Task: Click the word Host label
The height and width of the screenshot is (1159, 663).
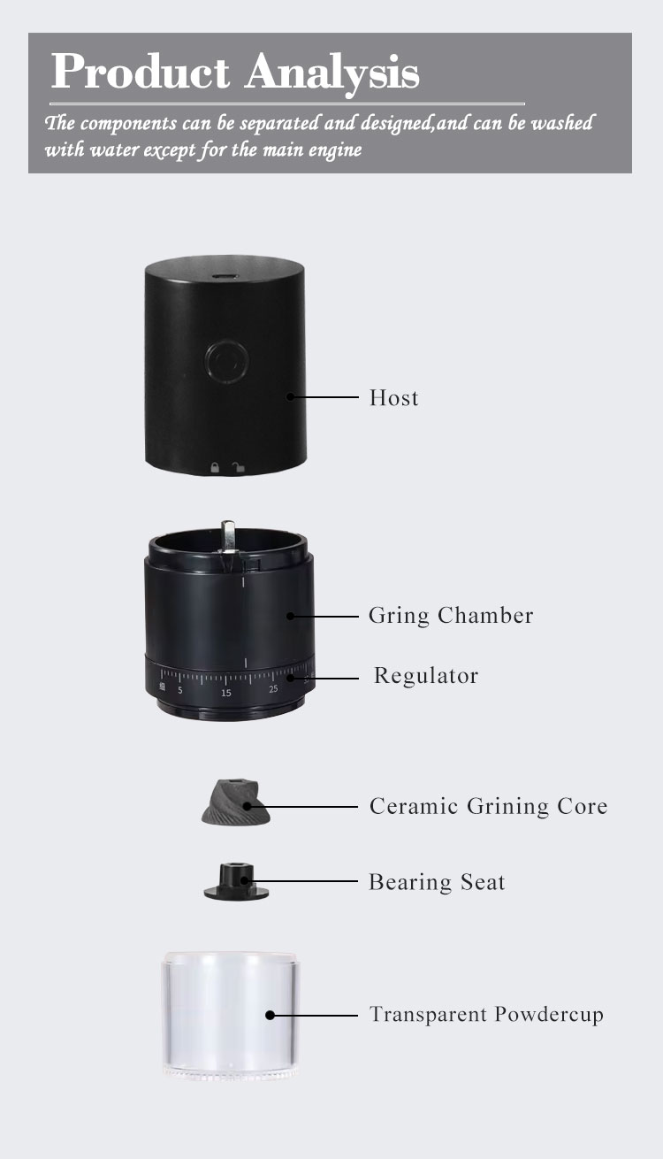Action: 393,398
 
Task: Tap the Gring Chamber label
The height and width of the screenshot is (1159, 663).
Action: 451,615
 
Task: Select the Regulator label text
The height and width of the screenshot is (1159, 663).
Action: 425,676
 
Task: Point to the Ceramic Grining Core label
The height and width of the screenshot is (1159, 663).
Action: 488,806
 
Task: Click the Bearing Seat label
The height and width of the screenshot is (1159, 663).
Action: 437,882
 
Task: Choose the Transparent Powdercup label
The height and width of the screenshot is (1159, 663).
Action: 486,1014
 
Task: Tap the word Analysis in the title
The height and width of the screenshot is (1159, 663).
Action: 332,73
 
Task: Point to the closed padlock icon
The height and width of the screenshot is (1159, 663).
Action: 214,466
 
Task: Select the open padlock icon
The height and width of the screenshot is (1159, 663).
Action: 236,466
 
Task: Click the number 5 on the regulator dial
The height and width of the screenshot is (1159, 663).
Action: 180,690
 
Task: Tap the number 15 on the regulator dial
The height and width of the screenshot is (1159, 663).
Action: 226,692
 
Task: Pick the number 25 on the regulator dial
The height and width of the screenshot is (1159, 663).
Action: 273,688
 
